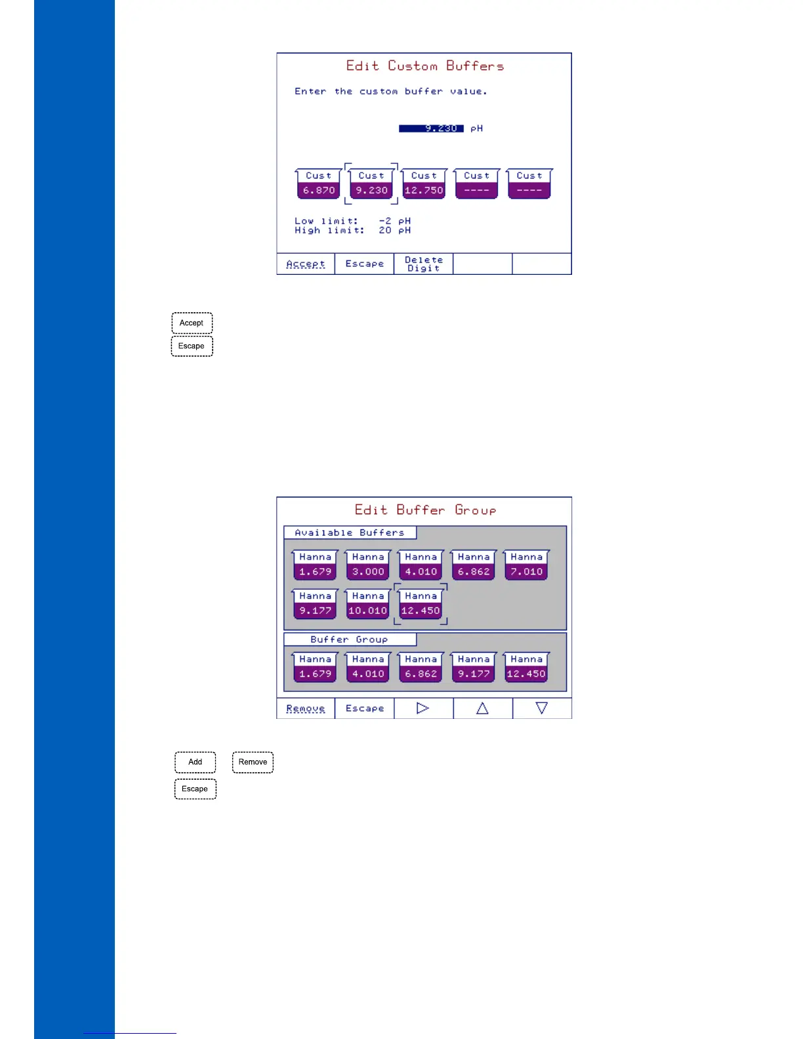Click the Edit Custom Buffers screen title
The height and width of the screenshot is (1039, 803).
coord(425,66)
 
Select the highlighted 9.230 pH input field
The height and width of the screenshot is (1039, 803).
coord(431,129)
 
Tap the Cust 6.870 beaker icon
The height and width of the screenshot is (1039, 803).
coord(319,184)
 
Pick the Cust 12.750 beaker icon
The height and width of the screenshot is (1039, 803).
coord(424,184)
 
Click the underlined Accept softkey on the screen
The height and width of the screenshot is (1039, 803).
coord(306,264)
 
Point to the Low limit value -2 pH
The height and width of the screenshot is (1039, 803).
coord(394,221)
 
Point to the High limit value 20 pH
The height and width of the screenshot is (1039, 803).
coord(394,230)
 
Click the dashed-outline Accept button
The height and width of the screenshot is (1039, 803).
coord(192,323)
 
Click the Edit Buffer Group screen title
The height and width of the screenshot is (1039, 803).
coord(425,510)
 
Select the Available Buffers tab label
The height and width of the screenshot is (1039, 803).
coord(350,533)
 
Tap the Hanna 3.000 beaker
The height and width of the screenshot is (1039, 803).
coord(368,565)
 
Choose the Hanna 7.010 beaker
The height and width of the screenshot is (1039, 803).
coord(526,565)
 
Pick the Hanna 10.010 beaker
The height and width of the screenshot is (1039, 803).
coord(368,604)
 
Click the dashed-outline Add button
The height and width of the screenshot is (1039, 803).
coord(195,762)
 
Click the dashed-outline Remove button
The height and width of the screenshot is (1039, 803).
coord(253,762)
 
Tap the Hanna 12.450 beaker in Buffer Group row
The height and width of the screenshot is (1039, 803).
coord(526,668)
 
